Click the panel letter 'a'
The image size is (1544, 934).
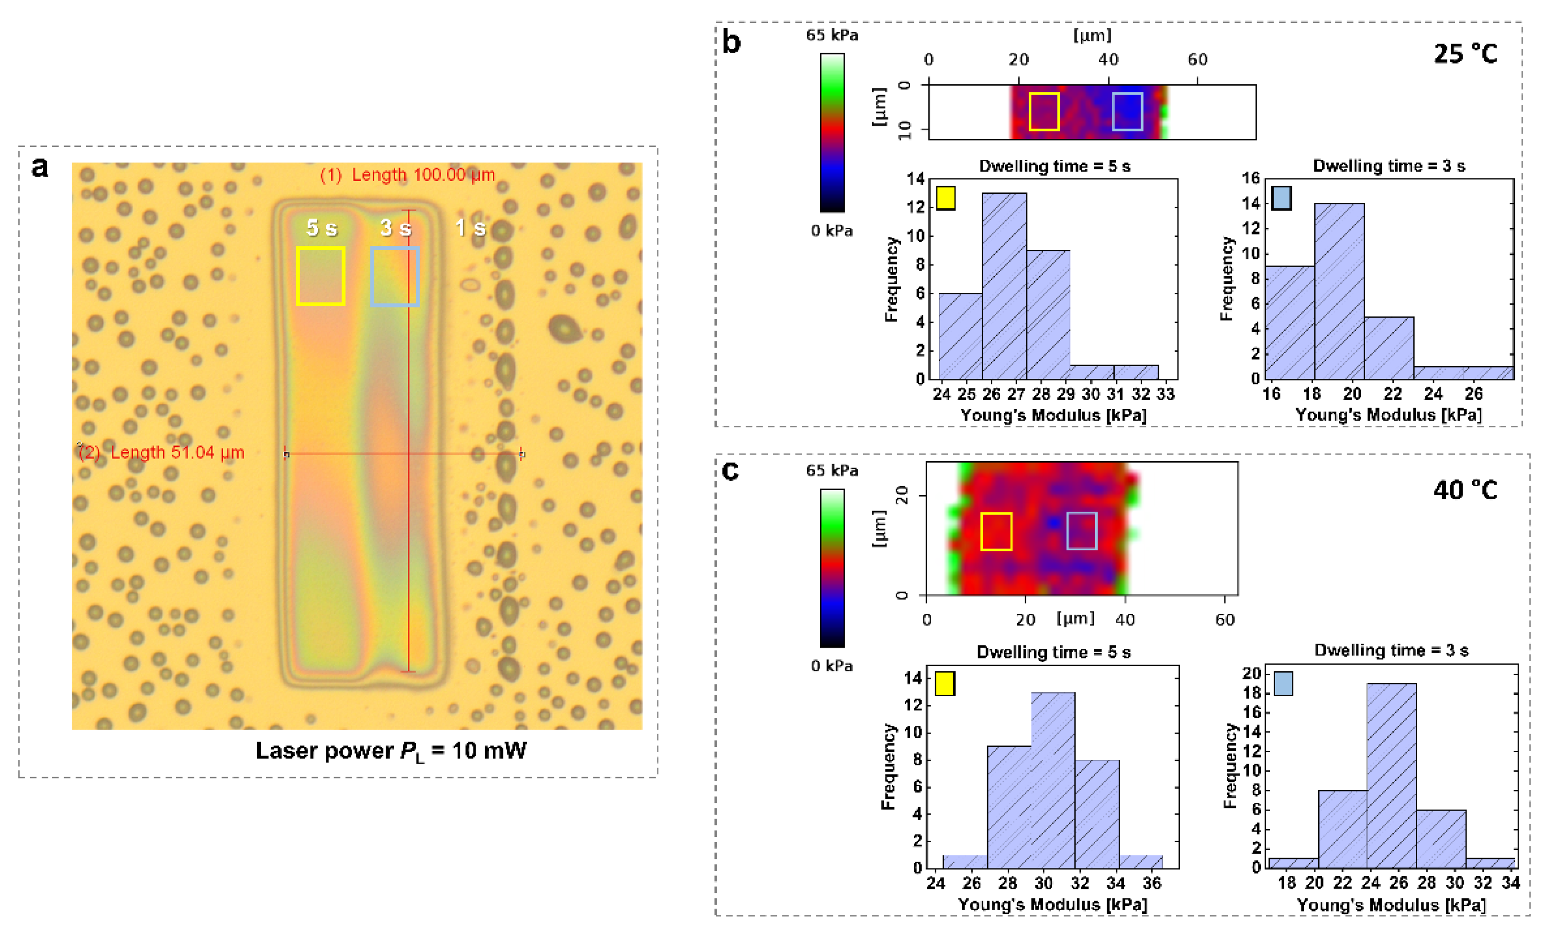[x=40, y=167]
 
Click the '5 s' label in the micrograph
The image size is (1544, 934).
[x=322, y=228]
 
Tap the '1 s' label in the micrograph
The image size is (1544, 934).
[x=471, y=228]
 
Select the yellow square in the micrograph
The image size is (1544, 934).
[x=321, y=276]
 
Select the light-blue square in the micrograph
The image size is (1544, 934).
[x=395, y=276]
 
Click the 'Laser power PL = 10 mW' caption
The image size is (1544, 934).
[x=391, y=751]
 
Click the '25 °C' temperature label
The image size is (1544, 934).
[x=1465, y=54]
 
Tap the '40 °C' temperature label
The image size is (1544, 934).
[x=1465, y=489]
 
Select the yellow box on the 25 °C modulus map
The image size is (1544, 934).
[x=1044, y=111]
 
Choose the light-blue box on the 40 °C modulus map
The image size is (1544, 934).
[x=1081, y=531]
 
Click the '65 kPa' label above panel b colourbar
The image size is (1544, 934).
[x=832, y=35]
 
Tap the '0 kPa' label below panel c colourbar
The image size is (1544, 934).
[x=832, y=666]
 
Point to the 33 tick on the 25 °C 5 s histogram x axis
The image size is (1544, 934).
[x=1165, y=394]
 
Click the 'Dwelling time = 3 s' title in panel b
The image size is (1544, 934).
[x=1388, y=166]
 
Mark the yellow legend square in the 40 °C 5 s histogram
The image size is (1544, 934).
[x=945, y=683]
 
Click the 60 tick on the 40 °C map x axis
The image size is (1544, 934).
[x=1225, y=620]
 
